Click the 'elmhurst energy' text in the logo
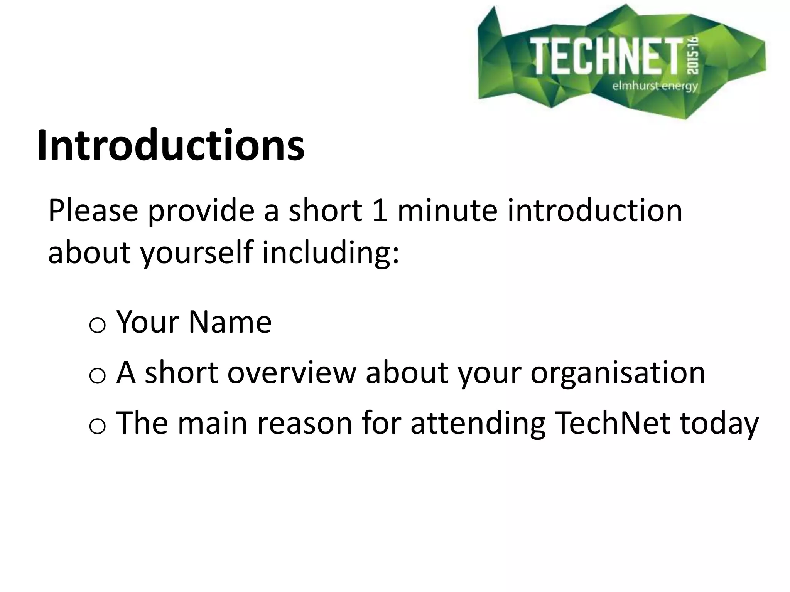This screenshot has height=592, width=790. click(x=655, y=86)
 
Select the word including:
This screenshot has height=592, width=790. click(x=331, y=253)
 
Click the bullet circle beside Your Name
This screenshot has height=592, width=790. click(x=97, y=326)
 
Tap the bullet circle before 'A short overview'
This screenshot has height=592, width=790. click(x=97, y=376)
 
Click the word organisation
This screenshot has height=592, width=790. click(x=618, y=373)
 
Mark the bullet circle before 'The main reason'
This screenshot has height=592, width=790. click(x=97, y=427)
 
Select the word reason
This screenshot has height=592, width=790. click(x=305, y=423)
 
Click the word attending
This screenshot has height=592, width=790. click(x=478, y=423)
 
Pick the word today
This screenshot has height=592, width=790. click(x=719, y=423)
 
